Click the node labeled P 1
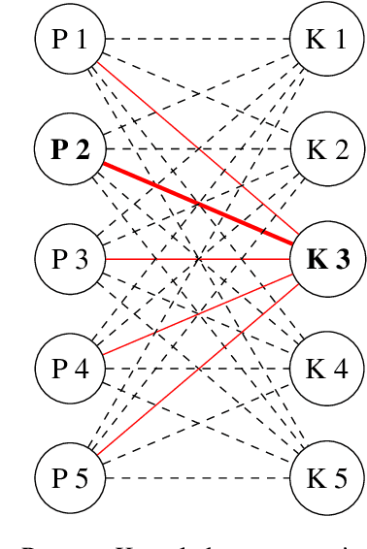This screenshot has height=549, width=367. click(x=69, y=40)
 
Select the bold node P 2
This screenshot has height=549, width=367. click(x=69, y=149)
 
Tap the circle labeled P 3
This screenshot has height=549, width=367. click(x=69, y=259)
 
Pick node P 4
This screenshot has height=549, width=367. click(x=69, y=369)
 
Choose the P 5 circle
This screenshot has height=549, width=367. click(x=69, y=477)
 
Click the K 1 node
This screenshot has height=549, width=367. click(x=325, y=40)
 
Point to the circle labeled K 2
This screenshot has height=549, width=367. click(x=325, y=149)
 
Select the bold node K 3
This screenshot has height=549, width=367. click(x=325, y=259)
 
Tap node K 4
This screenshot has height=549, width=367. click(x=325, y=369)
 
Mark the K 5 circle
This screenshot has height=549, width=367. click(x=325, y=477)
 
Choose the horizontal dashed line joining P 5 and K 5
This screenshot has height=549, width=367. click(x=194, y=477)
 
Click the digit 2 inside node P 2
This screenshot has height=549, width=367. click(x=83, y=149)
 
